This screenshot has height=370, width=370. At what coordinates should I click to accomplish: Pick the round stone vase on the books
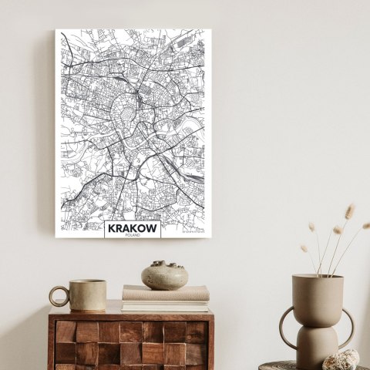coord(164,276)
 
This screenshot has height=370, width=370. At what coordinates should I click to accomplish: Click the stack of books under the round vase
coord(165,298)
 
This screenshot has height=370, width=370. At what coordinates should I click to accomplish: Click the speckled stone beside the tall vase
coord(340,359)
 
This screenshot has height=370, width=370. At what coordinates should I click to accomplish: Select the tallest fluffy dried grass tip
coord(349,210)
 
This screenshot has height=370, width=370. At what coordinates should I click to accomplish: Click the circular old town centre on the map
coord(131,116)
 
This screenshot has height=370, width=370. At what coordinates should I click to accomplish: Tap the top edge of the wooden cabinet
coord(131,314)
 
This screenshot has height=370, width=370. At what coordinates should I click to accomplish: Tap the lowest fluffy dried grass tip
coord(305,249)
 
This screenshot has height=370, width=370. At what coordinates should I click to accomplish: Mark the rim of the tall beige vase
coord(317,276)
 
